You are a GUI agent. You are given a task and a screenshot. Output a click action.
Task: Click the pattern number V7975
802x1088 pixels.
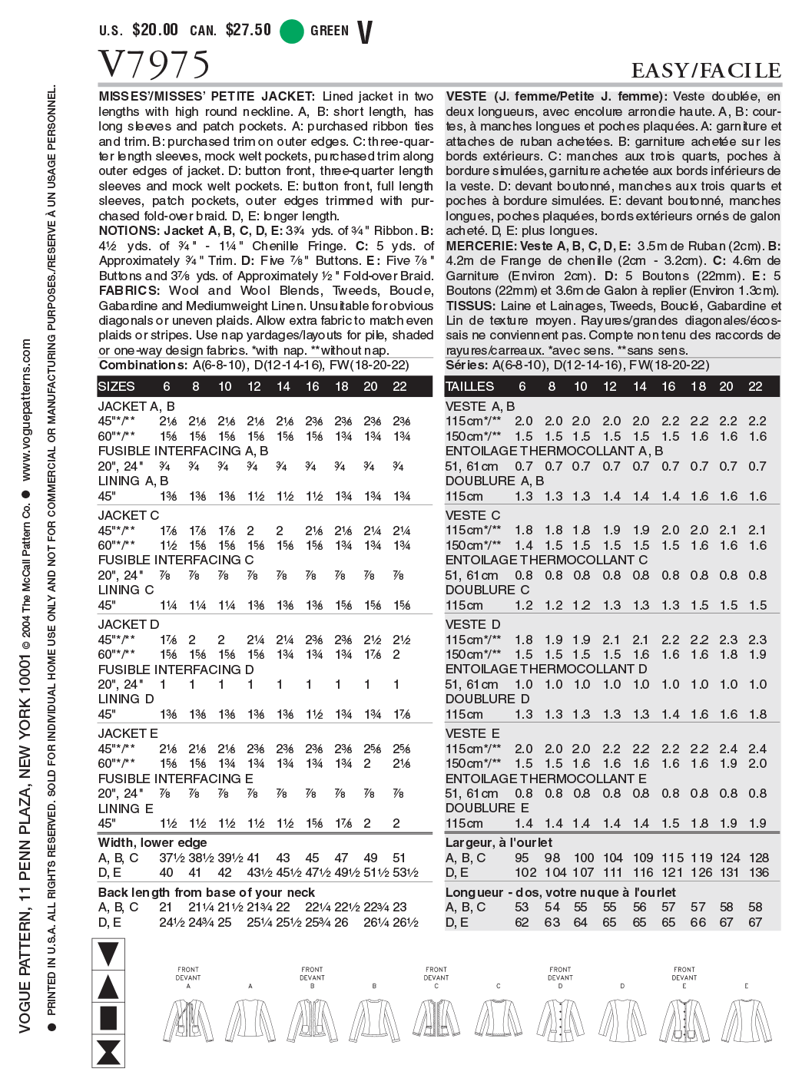[x=154, y=64]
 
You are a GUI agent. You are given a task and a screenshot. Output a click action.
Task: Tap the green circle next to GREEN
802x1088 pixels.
[x=292, y=31]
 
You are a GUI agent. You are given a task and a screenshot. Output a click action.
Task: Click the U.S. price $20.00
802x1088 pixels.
[x=155, y=31]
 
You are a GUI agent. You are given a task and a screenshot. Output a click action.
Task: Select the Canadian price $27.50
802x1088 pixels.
[x=248, y=31]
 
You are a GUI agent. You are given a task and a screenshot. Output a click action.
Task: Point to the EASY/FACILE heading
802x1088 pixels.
[x=705, y=71]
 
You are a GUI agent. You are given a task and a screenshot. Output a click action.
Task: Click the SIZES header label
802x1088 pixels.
[x=117, y=387]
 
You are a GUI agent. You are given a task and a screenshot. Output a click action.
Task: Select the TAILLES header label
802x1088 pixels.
[x=470, y=387]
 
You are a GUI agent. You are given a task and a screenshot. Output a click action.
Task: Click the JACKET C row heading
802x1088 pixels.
[x=129, y=515]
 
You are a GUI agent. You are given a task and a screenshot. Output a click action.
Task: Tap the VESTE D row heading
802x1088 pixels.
[x=472, y=624]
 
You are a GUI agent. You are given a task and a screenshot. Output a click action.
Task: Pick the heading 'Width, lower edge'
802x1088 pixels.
[x=152, y=842]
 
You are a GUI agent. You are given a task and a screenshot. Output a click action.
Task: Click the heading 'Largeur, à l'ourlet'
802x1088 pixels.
[x=499, y=842]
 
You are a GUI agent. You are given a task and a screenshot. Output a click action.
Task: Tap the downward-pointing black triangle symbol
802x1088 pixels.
[x=108, y=954]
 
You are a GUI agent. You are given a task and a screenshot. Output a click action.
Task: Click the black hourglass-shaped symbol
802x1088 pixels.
[x=108, y=1051]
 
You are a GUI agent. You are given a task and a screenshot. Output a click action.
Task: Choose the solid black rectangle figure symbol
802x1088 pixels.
[x=108, y=1018]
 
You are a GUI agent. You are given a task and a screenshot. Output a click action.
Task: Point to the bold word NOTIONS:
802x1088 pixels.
[x=129, y=231]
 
